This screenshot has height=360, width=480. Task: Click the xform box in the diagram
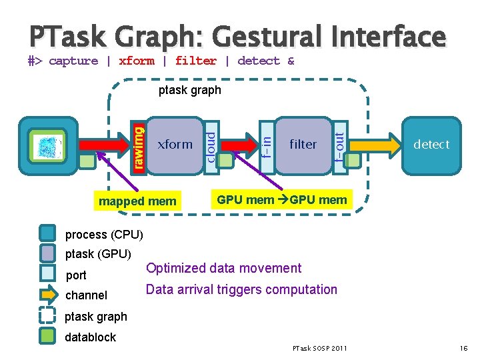[175, 144]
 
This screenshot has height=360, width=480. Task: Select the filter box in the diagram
[303, 144]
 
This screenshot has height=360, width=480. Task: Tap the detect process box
[431, 144]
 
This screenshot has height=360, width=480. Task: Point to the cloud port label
[210, 144]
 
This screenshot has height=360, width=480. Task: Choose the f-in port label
[266, 144]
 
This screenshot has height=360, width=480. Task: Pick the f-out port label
[339, 144]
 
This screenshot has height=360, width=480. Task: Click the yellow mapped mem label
[137, 201]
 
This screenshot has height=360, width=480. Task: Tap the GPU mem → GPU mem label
[282, 199]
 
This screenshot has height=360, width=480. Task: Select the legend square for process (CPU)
[47, 234]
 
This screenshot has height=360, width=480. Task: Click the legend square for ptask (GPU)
[47, 254]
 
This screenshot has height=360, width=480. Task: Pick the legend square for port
[47, 275]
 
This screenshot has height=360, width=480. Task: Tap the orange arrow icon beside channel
[47, 295]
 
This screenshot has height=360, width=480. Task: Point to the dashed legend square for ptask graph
[47, 316]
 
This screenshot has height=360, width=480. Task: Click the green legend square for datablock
[47, 337]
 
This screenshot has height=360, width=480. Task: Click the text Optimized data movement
[223, 268]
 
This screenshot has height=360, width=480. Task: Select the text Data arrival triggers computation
[241, 289]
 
